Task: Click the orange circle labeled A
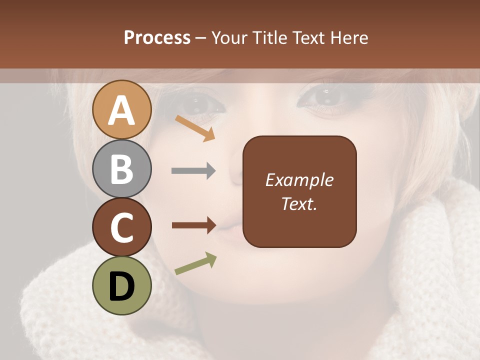122,110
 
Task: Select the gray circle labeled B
122,169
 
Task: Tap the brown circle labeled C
122,227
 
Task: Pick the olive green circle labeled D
122,286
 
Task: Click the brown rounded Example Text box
299,191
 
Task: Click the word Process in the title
157,37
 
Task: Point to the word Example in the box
299,180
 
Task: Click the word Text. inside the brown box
299,204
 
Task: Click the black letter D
122,286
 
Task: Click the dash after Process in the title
201,38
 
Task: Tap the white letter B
122,169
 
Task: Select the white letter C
122,228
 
